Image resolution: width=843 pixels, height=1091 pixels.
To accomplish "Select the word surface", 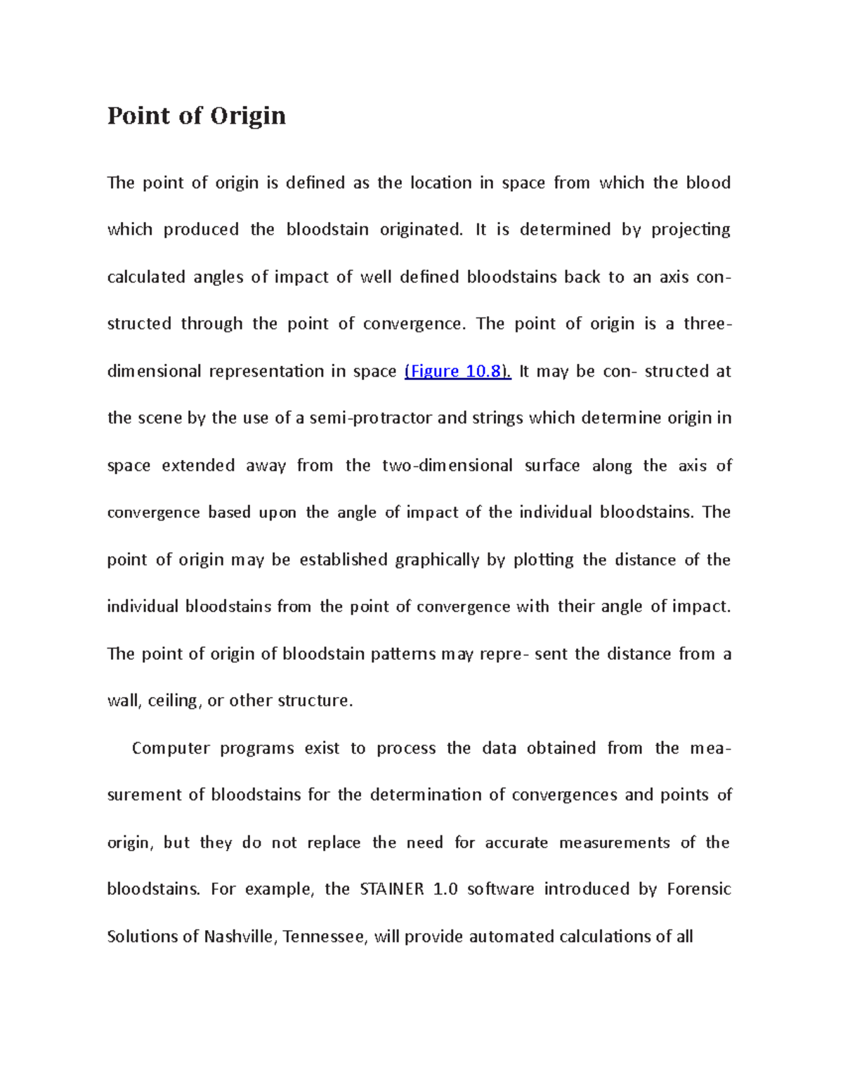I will coord(552,466).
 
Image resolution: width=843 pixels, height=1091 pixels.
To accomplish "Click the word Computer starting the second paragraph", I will coord(171,749).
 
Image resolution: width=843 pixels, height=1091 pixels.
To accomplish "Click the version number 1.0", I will coord(445,889).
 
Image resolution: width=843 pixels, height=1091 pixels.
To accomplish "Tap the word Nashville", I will coord(240,937).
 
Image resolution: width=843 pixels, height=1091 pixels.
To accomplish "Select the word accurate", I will coord(516,843).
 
